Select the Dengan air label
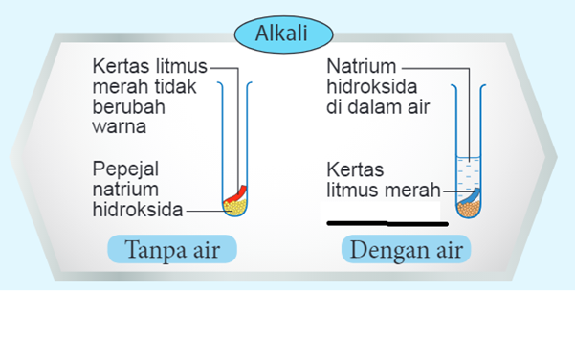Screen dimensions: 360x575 407,251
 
